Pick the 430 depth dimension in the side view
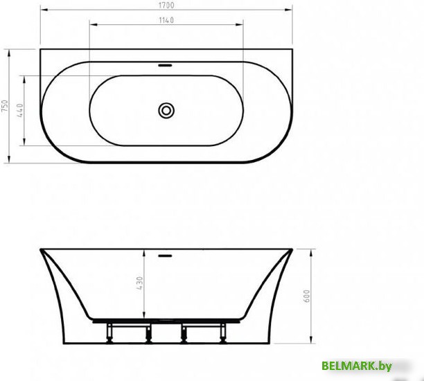pos(140,283)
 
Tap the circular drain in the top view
pos(166,110)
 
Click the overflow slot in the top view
pos(166,67)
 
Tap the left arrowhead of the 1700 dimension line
pos(42,10)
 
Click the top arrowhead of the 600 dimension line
pos(308,250)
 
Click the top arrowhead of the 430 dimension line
pos(144,250)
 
